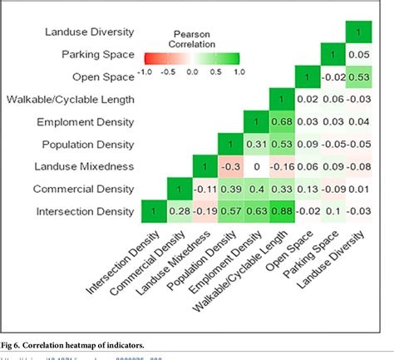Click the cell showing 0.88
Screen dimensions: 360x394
pos(280,212)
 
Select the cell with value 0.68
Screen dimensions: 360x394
pos(280,122)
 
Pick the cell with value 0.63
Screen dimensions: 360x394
pos(255,212)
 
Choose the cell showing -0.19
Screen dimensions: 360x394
pos(204,212)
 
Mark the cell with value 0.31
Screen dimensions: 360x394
pos(255,145)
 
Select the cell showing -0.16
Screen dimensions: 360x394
pos(280,167)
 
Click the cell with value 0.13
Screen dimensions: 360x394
pos(306,190)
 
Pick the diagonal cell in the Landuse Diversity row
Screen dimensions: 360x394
pos(357,32)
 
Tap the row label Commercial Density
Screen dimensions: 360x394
pos(83,190)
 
